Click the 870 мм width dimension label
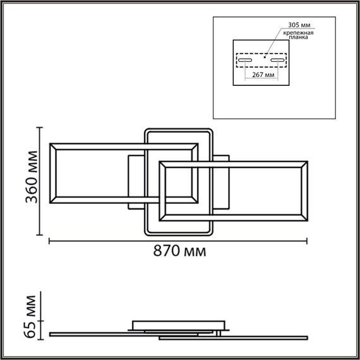[x=179, y=251]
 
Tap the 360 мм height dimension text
[x=29, y=182]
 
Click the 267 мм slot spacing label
[x=261, y=75]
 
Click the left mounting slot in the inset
[x=245, y=61]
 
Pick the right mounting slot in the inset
[x=277, y=61]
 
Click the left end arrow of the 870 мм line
[x=51, y=241]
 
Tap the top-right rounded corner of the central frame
[x=213, y=131]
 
